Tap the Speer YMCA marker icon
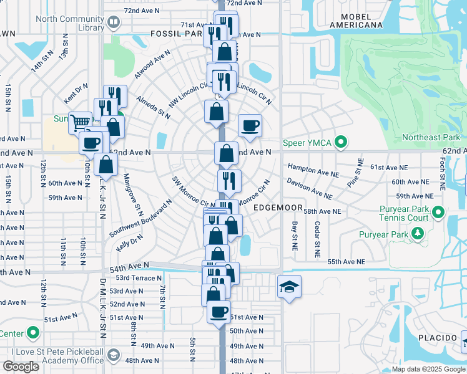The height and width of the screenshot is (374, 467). [340, 143]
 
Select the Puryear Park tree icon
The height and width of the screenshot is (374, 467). [418, 234]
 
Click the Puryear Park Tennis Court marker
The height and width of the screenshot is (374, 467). [437, 213]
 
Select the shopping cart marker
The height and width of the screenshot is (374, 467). [80, 122]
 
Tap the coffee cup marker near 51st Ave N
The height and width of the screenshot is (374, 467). [219, 312]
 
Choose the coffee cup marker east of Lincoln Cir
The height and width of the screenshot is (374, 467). [250, 126]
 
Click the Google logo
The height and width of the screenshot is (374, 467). [21, 367]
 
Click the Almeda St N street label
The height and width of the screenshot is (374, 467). [153, 107]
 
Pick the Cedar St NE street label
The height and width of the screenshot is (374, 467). [317, 239]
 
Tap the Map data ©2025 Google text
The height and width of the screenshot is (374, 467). [428, 369]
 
